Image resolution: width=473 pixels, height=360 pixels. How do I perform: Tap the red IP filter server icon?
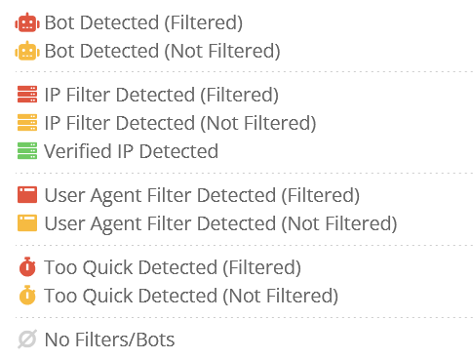point(27,96)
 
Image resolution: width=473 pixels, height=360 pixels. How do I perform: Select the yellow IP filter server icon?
point(27,124)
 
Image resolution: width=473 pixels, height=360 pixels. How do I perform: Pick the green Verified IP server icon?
point(27,152)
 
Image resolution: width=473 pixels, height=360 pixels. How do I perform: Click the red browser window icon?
point(27,195)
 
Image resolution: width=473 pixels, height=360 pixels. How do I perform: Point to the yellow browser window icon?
point(27,223)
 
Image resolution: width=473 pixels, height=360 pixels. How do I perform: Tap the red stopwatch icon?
point(27,266)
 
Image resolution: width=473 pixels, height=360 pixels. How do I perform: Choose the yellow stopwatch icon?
point(27,295)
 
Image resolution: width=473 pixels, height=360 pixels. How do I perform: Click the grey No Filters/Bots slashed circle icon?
point(27,340)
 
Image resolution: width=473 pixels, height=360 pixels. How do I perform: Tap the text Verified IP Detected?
point(131,152)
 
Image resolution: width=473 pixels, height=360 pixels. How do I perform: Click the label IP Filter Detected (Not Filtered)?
point(179,124)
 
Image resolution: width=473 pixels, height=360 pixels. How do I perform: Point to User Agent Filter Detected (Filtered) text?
point(202,195)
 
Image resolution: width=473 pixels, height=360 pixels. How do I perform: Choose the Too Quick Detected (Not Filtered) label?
point(191,295)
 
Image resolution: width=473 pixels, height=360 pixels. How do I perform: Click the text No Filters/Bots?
point(109,340)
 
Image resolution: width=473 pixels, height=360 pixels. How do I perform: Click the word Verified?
point(76,152)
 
